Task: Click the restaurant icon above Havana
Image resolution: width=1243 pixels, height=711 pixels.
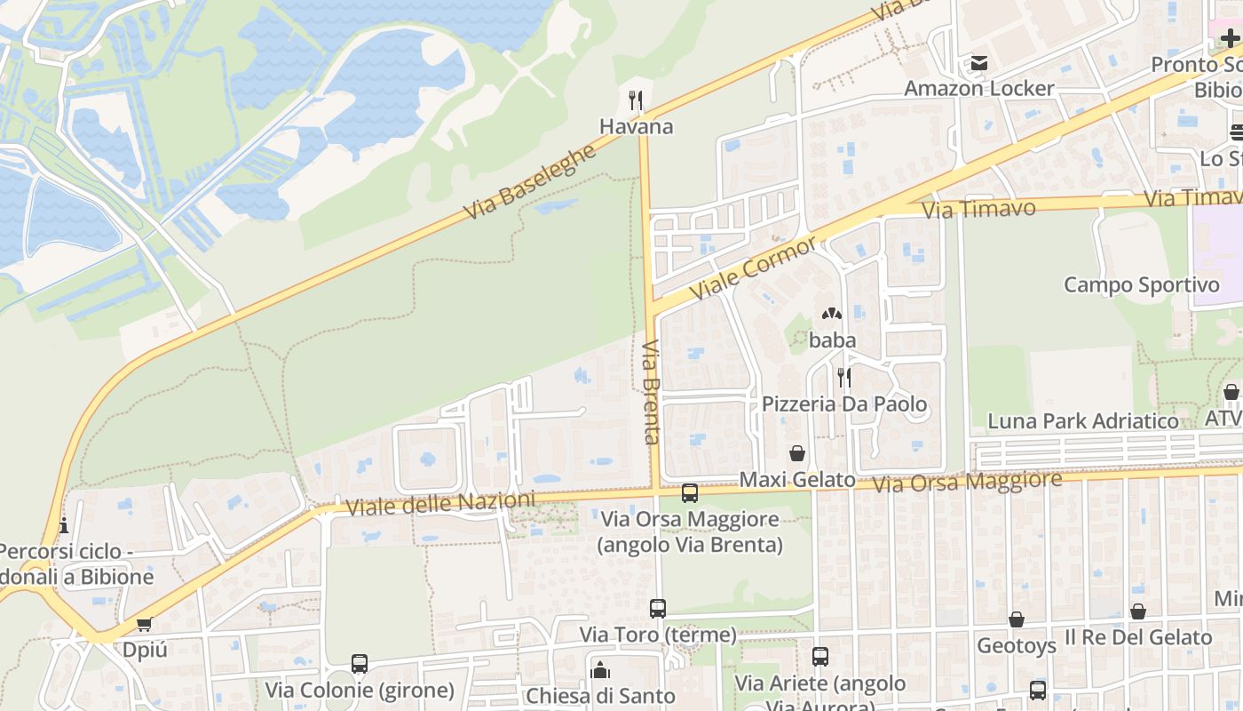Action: tap(636, 100)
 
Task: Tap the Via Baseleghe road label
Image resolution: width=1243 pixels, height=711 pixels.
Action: tap(530, 182)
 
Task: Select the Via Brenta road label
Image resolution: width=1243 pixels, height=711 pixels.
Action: tap(651, 392)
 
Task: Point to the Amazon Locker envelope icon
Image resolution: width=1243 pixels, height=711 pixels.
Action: tap(979, 63)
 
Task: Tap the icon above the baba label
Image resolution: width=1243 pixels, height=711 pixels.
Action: tap(832, 314)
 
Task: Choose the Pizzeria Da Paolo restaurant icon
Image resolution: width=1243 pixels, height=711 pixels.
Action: tap(843, 378)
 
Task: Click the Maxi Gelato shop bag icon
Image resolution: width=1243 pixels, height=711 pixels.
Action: tap(797, 453)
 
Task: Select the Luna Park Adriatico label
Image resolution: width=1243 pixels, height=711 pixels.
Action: tap(1083, 420)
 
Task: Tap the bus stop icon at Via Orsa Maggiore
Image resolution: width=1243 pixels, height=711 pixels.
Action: tap(690, 492)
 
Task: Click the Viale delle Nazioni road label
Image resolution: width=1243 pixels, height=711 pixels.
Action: tap(440, 504)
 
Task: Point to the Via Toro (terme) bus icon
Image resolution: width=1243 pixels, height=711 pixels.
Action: tap(658, 609)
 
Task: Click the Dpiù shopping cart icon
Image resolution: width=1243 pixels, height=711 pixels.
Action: tap(144, 624)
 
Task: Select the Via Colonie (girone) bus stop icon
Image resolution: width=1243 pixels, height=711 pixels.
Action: tap(360, 664)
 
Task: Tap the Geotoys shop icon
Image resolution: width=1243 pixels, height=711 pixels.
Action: tap(1017, 619)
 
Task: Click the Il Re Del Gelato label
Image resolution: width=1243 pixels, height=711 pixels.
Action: tap(1138, 637)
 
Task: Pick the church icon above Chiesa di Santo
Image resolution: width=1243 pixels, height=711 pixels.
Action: tap(600, 669)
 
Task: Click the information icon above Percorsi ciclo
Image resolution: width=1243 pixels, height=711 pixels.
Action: tap(63, 525)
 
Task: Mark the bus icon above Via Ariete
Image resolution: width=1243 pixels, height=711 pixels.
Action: tap(819, 657)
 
